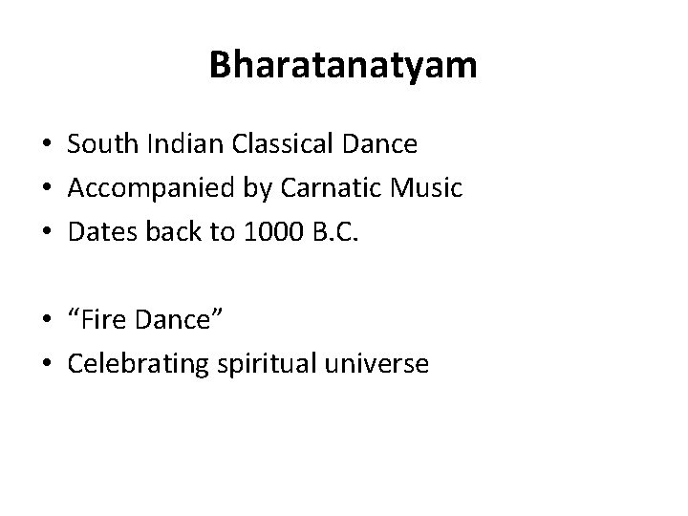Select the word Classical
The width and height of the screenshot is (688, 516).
click(266, 144)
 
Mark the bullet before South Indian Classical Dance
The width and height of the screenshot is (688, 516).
click(46, 145)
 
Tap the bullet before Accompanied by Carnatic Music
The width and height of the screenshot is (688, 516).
click(46, 189)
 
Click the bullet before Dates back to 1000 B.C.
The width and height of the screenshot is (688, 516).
click(46, 233)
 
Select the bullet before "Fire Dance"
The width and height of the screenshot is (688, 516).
click(46, 321)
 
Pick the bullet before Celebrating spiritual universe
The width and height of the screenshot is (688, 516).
click(46, 365)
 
